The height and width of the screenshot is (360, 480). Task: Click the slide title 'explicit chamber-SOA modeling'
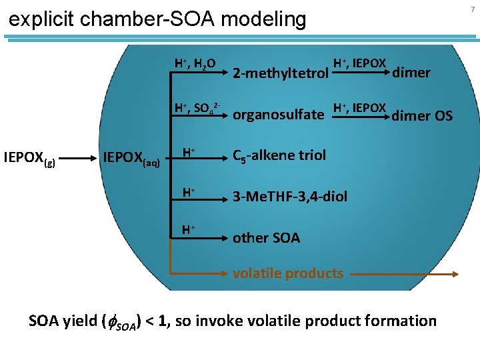[157, 19]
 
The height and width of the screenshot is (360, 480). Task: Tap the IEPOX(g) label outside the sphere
[29, 159]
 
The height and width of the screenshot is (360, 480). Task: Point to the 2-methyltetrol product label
[280, 73]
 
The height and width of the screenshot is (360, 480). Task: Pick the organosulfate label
[278, 115]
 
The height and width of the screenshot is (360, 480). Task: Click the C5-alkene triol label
[279, 155]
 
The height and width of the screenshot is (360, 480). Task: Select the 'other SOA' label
[266, 237]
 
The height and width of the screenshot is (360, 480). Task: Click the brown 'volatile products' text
[288, 272]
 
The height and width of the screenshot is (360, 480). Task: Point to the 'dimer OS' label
[422, 116]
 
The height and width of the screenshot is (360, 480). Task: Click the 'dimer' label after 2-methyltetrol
[412, 73]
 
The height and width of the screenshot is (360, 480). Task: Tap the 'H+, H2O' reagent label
[195, 63]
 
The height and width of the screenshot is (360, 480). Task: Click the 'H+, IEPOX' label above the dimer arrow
[359, 63]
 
